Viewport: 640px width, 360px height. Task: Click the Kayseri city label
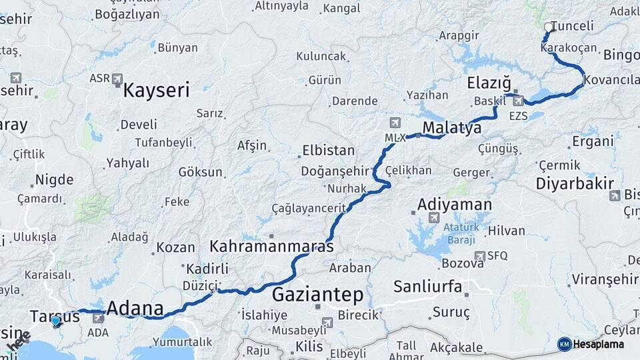155,90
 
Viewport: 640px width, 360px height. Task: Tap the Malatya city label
452,128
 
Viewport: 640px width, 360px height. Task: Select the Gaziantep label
318,294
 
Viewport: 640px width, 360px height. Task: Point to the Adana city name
135,309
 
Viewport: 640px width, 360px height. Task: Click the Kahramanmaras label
271,246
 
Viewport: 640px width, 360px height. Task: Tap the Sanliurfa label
428,287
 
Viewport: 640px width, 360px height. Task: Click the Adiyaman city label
455,204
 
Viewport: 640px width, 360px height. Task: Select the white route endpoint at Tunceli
548,27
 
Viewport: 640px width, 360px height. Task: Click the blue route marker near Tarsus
55,321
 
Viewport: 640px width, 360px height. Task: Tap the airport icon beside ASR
118,79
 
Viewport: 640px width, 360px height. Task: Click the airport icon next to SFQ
479,255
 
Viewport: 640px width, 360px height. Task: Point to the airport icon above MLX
395,123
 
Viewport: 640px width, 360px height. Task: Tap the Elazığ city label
489,83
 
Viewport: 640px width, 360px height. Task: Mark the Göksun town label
200,172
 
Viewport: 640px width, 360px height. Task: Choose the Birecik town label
358,314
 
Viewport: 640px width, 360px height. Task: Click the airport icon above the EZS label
518,101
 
